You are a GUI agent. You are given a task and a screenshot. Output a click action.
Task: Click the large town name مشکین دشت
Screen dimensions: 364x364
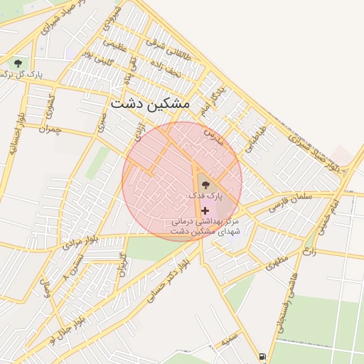(151, 104)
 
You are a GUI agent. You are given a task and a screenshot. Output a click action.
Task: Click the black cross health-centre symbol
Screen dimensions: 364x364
(205, 210)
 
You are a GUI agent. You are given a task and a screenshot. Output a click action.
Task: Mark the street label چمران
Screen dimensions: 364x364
(50, 129)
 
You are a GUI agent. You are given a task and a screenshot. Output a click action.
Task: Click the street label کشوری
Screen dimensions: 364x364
(49, 105)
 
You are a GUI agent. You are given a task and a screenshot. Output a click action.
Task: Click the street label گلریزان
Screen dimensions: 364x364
(122, 264)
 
